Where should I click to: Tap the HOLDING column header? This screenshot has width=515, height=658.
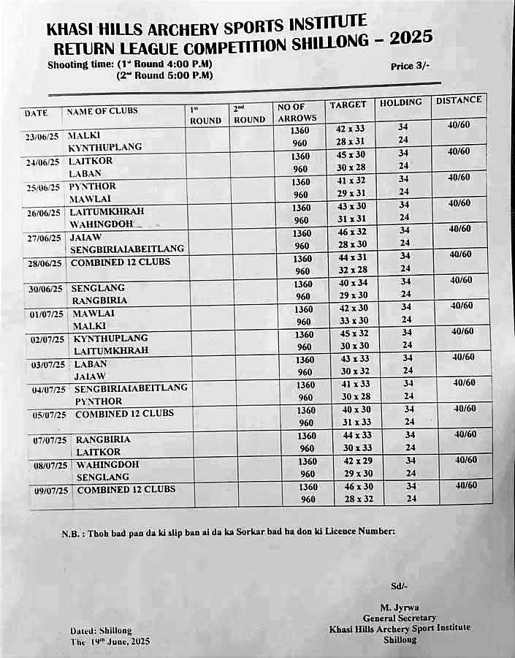tap(400, 103)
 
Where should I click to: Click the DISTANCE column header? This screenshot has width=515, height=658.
tap(459, 100)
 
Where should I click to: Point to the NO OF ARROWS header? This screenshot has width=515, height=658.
tap(297, 113)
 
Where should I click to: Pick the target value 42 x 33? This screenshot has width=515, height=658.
tap(350, 129)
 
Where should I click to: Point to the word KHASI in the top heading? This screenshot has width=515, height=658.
tap(67, 30)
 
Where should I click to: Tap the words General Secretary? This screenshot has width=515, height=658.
tap(399, 618)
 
